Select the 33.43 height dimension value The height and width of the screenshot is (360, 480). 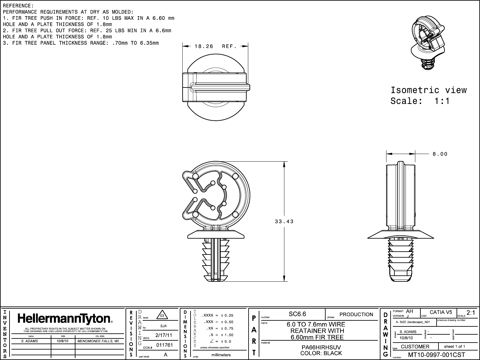[x=284, y=222]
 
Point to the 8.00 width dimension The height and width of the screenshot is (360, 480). [x=440, y=154]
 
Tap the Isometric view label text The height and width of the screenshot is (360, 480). [x=428, y=90]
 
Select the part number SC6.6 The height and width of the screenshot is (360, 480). [x=297, y=314]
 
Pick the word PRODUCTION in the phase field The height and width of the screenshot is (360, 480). [x=356, y=314]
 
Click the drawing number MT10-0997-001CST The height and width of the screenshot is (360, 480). [x=436, y=355]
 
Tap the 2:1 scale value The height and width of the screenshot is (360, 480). [x=471, y=313]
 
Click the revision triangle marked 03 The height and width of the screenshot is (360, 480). [x=162, y=316]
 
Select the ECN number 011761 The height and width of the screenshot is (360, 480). [x=165, y=345]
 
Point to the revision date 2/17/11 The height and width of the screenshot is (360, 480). [x=164, y=335]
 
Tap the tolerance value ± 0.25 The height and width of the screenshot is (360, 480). [x=227, y=315]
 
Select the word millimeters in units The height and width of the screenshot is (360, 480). [x=221, y=355]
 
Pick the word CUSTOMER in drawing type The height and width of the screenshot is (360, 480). [x=415, y=347]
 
